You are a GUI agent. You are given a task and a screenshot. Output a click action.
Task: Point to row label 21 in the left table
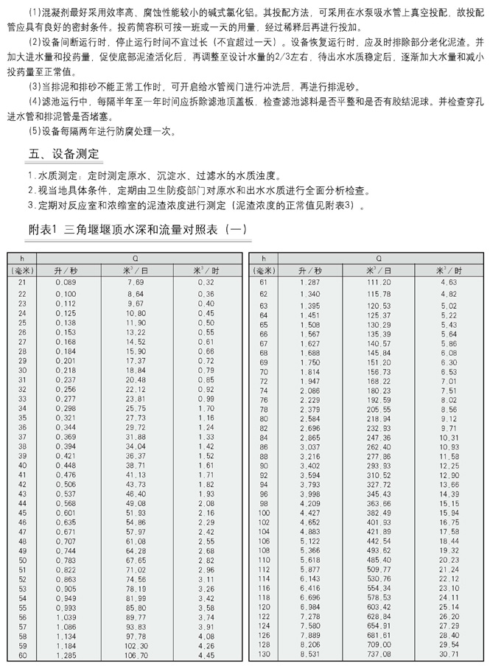[22, 282]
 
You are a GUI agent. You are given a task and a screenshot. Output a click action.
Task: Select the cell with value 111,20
[378, 282]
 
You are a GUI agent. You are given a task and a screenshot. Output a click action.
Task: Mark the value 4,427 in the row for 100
[310, 512]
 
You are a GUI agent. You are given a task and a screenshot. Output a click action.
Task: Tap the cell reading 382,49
[378, 512]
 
